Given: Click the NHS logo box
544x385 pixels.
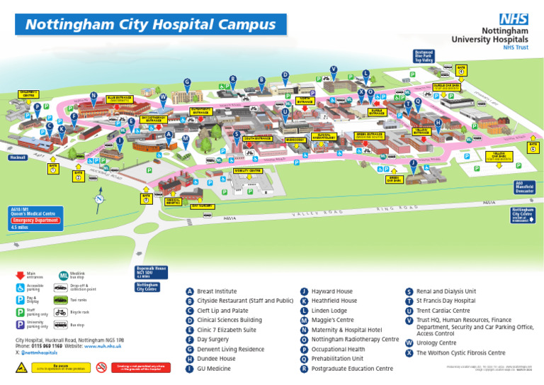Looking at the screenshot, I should point(514,20).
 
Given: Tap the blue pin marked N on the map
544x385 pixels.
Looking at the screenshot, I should point(93,96).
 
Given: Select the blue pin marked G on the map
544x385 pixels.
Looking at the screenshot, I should point(187,82).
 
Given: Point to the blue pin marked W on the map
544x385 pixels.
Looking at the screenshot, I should point(163,96).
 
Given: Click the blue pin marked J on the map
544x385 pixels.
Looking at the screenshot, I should point(413,163).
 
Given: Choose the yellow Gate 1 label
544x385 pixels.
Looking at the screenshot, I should point(53,167).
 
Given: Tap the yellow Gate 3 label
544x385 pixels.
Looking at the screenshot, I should point(146,197).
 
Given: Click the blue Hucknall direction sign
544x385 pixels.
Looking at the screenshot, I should point(18,157).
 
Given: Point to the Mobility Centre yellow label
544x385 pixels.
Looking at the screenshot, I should point(247,171).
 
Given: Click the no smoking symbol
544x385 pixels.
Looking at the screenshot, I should point(101,367).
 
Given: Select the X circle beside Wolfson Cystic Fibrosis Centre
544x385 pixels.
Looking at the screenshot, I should point(409,352).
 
